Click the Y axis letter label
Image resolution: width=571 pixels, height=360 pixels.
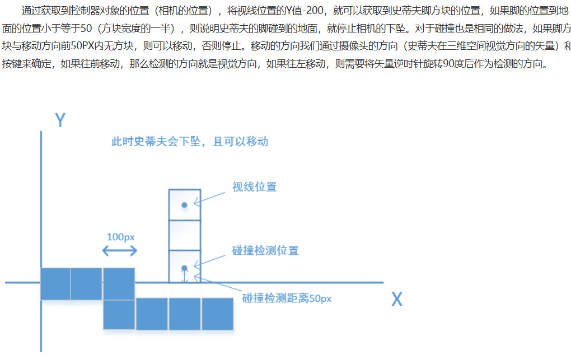[61, 120]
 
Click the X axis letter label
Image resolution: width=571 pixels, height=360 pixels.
[396, 300]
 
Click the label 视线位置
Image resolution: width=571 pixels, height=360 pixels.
[254, 187]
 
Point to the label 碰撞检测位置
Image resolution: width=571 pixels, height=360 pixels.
[265, 250]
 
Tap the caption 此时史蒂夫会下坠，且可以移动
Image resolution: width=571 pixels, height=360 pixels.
[190, 141]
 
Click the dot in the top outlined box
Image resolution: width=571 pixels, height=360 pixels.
[184, 205]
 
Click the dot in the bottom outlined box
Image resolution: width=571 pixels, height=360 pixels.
[184, 268]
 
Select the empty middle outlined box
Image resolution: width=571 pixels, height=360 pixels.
[184, 235]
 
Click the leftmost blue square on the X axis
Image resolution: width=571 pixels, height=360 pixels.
[55, 283]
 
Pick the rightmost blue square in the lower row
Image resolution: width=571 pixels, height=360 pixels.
[217, 314]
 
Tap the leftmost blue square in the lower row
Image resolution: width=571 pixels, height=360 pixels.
[119, 315]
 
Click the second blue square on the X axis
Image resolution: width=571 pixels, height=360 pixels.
[86, 283]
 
